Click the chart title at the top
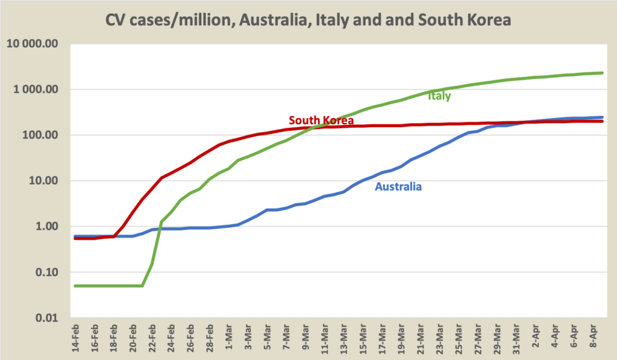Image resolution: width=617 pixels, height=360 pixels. tap(308, 20)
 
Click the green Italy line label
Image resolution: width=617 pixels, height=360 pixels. tap(439, 95)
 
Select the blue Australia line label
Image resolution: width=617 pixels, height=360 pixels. tap(398, 186)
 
